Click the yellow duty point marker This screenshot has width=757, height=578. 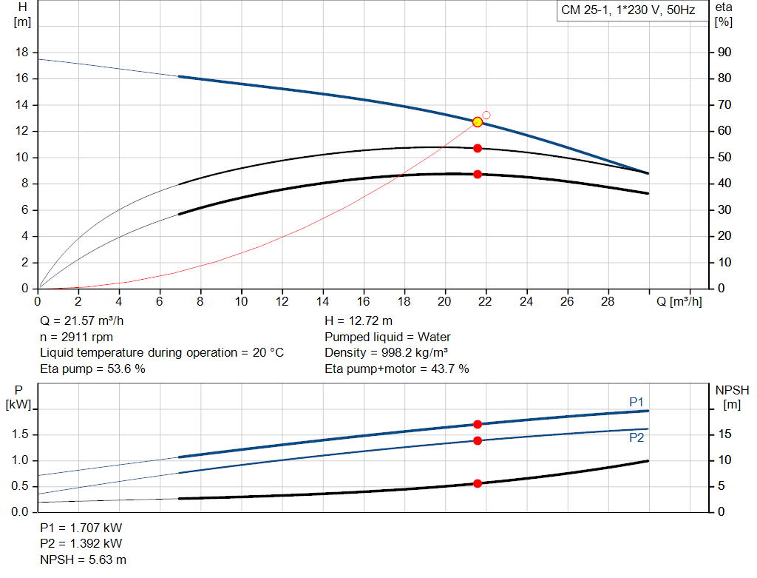click(478, 122)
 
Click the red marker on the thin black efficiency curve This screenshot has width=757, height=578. click(478, 148)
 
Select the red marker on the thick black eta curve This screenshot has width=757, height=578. click(478, 174)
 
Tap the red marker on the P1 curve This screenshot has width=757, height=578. click(478, 424)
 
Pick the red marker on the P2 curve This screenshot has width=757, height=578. click(478, 440)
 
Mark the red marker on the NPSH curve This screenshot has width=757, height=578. click(478, 483)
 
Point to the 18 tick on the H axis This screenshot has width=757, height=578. click(22, 53)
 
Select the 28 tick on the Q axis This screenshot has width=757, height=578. click(608, 302)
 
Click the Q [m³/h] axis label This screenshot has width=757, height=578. click(679, 302)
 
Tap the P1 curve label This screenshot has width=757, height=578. click(637, 402)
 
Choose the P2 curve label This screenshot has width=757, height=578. click(637, 437)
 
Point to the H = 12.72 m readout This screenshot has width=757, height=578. click(359, 321)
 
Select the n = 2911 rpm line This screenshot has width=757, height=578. click(76, 337)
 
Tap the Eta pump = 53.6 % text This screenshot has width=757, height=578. click(92, 369)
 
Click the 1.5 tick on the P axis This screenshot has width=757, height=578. click(20, 434)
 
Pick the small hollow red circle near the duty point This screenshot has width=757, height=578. click(486, 115)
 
